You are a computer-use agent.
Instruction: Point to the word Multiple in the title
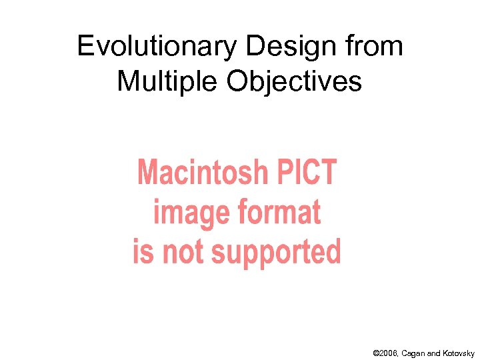167,81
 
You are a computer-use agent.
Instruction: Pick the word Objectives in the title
295,81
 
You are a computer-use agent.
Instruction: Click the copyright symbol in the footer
377,353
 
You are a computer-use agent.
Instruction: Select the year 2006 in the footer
391,353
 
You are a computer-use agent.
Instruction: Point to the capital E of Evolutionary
85,47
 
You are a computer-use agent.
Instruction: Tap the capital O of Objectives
238,81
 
